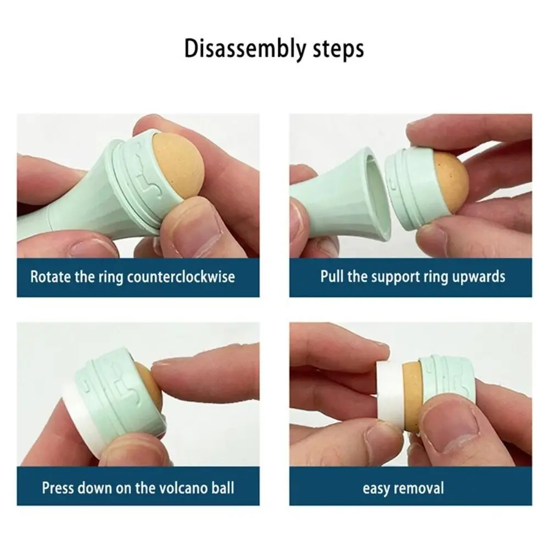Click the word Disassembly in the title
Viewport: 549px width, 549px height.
pos(244,48)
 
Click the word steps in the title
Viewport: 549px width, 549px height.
pos(337,49)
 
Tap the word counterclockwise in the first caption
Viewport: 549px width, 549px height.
pos(181,276)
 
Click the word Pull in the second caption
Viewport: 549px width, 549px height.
pos(332,276)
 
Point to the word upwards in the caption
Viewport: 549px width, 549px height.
pos(479,276)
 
